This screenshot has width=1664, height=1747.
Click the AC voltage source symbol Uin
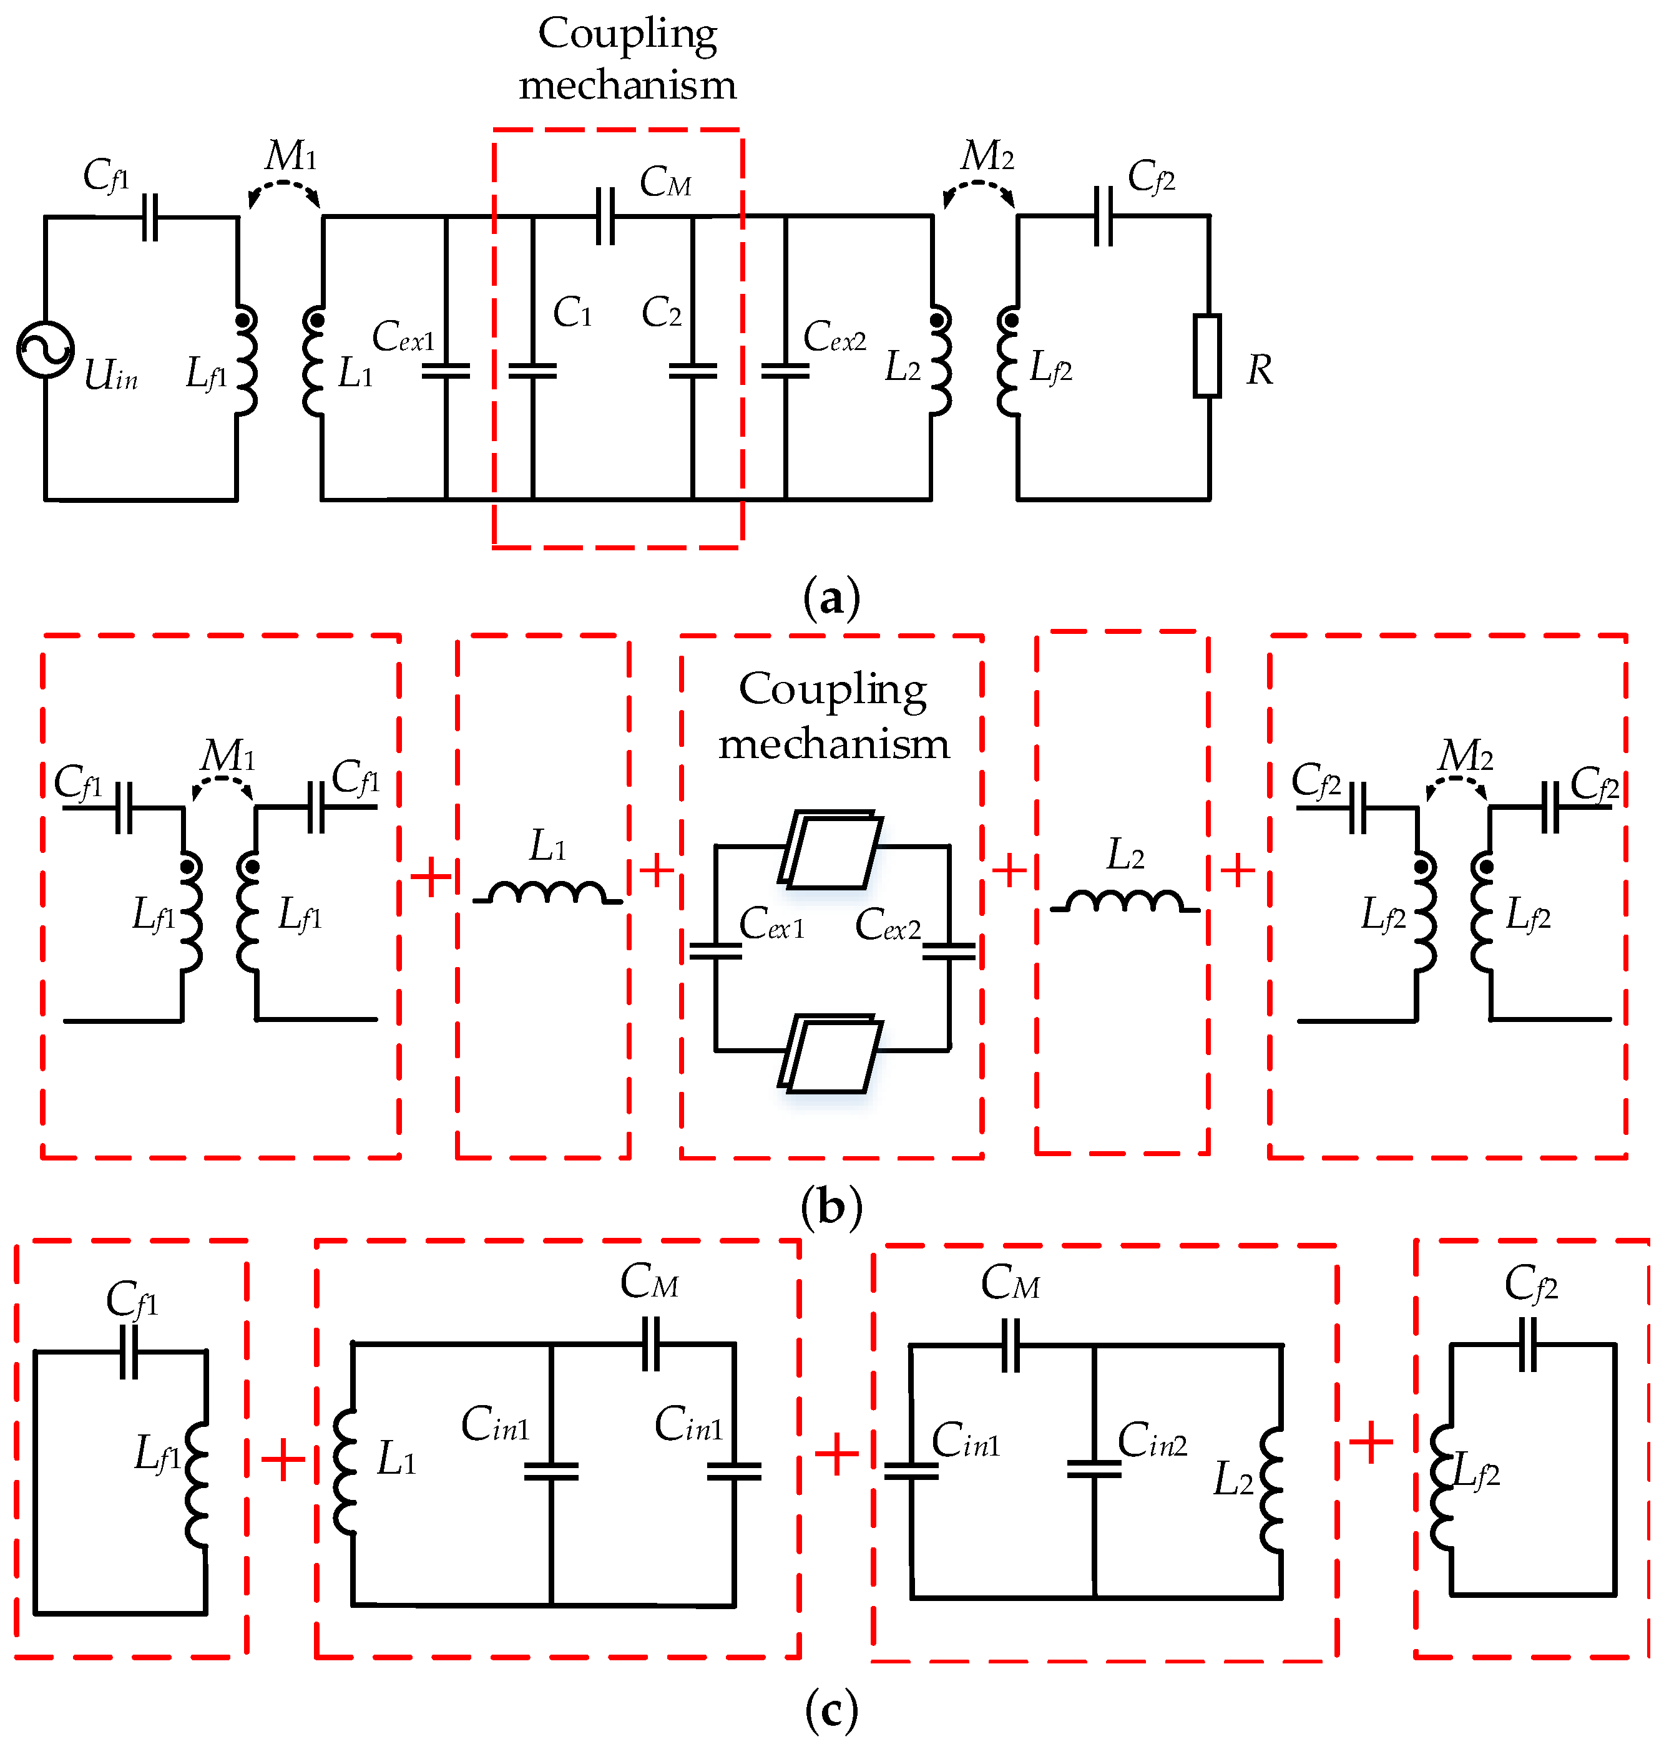coord(44,349)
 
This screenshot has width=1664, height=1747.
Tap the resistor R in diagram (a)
coord(1207,356)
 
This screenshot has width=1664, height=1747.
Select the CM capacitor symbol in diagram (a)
coord(605,215)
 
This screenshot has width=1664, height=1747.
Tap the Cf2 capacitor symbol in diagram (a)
coord(1104,215)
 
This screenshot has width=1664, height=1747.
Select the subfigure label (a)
coord(831,600)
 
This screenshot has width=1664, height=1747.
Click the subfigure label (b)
coord(831,1207)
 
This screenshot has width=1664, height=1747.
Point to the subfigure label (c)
coord(831,1709)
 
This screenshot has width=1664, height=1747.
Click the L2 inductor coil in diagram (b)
coord(1124,902)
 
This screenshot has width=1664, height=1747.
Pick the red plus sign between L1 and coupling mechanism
coord(657,870)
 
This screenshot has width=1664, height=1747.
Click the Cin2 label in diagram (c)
coord(1152,1439)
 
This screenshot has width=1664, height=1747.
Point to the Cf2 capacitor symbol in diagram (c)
coord(1527,1345)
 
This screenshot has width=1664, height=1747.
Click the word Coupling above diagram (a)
coord(627,34)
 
